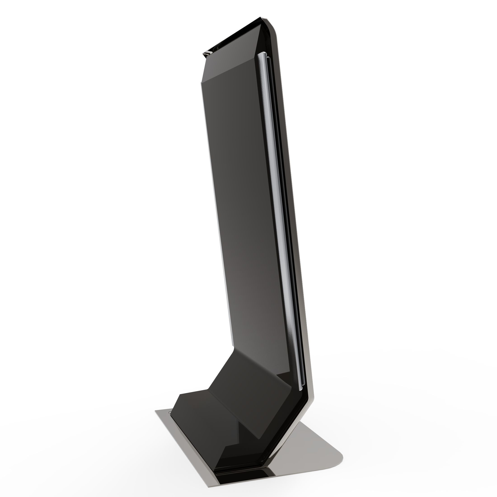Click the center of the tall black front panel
tap(247, 206)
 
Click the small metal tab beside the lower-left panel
tap(170, 413)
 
